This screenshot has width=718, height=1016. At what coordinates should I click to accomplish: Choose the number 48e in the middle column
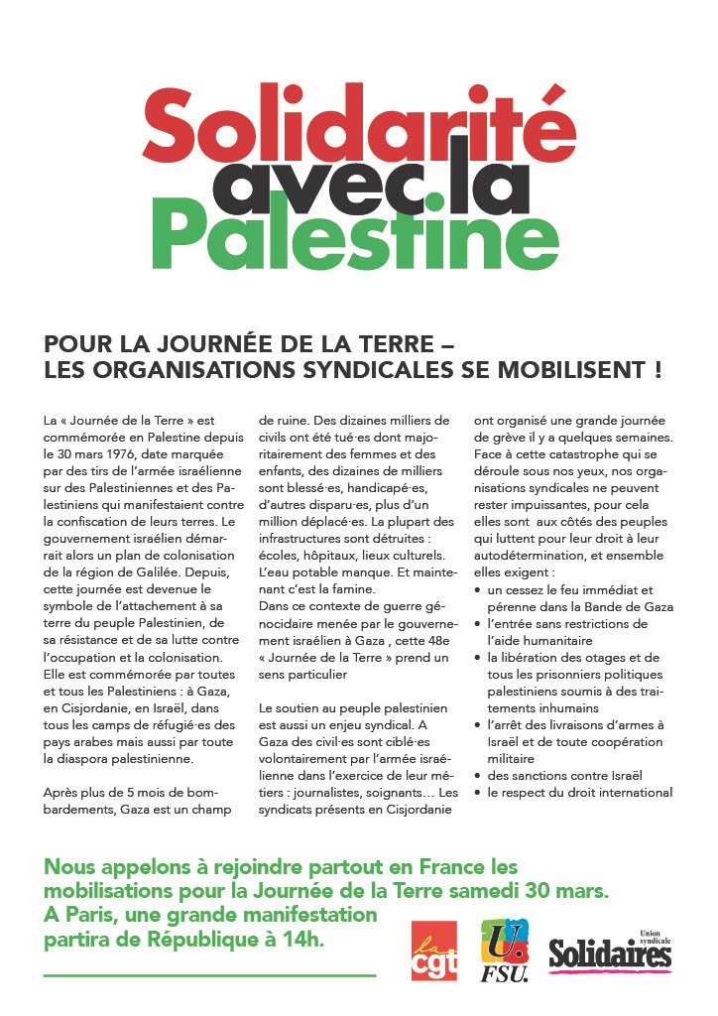click(436, 640)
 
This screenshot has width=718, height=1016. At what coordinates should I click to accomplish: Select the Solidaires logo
click(610, 952)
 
